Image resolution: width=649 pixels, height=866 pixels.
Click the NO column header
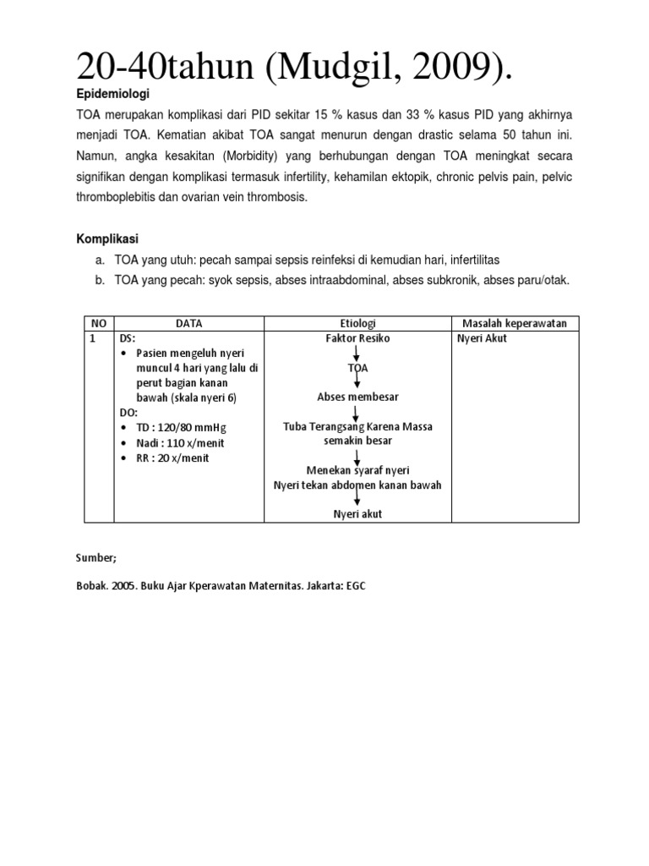click(98, 323)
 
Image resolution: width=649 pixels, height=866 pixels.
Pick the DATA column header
click(188, 323)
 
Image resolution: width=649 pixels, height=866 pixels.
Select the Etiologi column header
click(357, 323)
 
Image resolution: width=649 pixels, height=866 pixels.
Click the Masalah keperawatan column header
click(515, 323)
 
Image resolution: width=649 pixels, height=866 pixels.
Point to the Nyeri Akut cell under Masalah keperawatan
click(482, 338)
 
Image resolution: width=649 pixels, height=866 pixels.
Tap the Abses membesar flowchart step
click(357, 397)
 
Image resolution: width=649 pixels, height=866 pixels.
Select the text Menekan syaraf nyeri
click(357, 470)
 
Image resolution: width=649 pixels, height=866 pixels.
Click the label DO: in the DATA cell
click(128, 413)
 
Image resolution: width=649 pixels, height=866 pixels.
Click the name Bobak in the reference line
click(94, 585)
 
